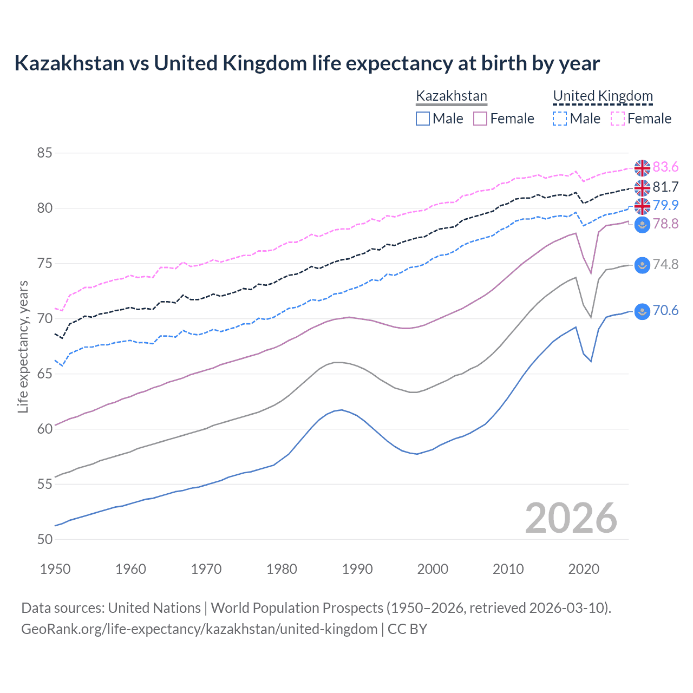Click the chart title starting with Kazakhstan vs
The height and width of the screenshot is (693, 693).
pyautogui.click(x=306, y=63)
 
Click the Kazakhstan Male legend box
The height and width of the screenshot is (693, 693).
pyautogui.click(x=423, y=119)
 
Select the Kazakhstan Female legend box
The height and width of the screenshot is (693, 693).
pyautogui.click(x=480, y=119)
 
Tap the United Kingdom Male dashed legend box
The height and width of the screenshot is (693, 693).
pyautogui.click(x=560, y=119)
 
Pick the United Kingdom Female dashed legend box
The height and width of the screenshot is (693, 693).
pyautogui.click(x=617, y=119)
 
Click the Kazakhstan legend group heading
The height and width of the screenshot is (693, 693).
pyautogui.click(x=452, y=96)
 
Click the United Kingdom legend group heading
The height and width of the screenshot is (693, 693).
pyautogui.click(x=603, y=96)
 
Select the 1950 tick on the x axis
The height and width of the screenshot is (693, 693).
pyautogui.click(x=55, y=569)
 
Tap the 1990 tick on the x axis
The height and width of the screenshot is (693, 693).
pyautogui.click(x=357, y=569)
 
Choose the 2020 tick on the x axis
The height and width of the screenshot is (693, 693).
pyautogui.click(x=584, y=569)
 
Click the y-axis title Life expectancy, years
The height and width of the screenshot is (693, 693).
pyautogui.click(x=23, y=346)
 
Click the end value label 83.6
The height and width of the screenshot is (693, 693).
pyautogui.click(x=665, y=167)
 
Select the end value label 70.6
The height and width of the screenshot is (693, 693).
pyautogui.click(x=665, y=311)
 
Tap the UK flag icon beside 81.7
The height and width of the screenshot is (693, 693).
pyautogui.click(x=642, y=187)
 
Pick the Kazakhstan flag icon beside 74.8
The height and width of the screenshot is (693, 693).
pyautogui.click(x=642, y=265)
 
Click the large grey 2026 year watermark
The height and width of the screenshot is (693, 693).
pyautogui.click(x=571, y=518)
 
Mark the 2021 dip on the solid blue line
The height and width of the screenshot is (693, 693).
pyautogui.click(x=591, y=361)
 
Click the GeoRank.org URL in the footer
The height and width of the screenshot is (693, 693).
pyautogui.click(x=199, y=629)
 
